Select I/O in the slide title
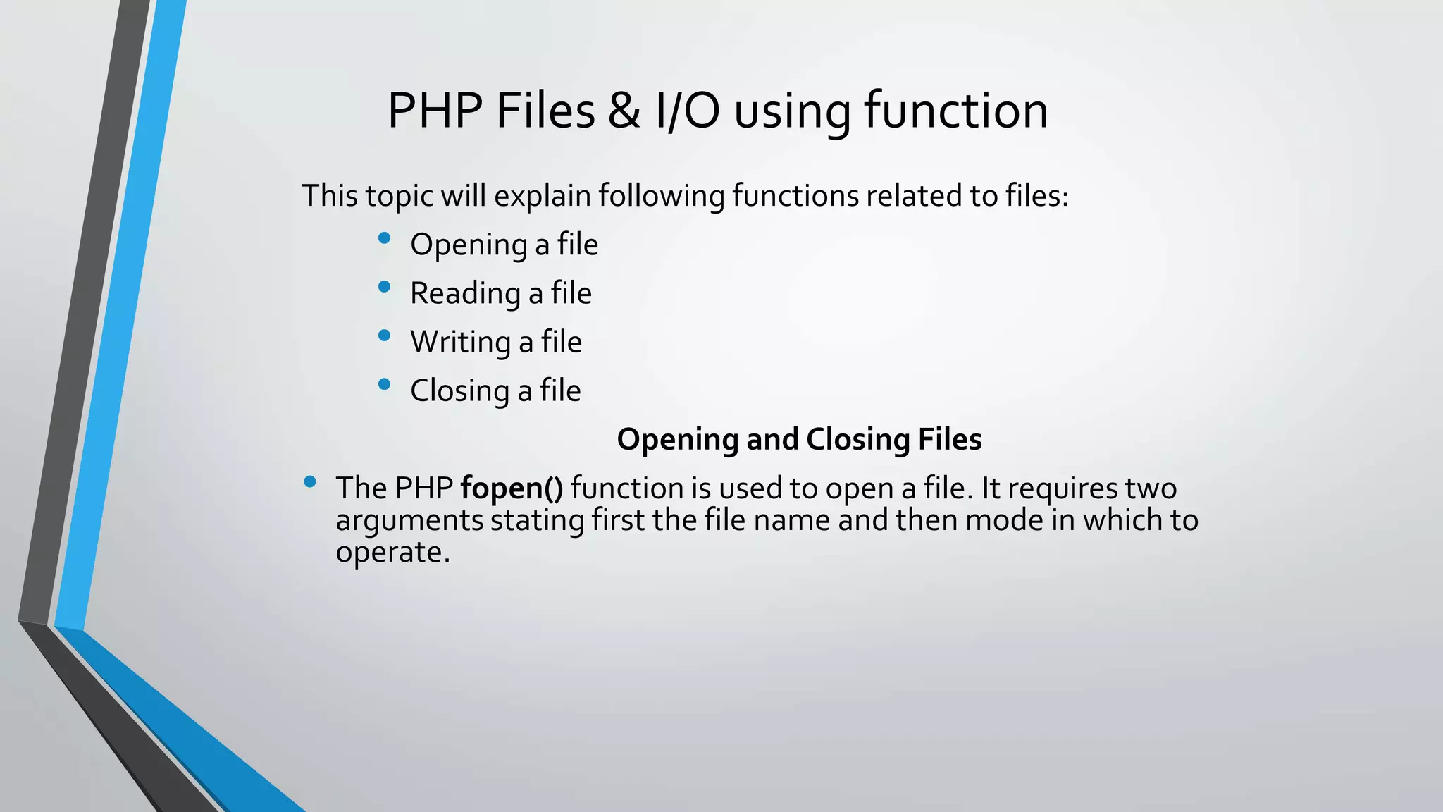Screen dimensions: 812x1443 click(687, 111)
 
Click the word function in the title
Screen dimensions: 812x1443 click(956, 111)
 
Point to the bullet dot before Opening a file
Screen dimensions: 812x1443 click(384, 238)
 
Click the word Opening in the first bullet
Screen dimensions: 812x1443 click(469, 245)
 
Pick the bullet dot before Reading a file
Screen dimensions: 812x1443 click(384, 287)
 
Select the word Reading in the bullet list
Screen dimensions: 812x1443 click(465, 294)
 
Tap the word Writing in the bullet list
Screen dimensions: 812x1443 click(461, 343)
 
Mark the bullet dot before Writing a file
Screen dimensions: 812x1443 click(384, 336)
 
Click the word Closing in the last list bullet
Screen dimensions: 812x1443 click(460, 391)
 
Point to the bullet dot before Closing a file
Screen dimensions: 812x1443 click(384, 384)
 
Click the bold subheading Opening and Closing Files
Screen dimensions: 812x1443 click(799, 439)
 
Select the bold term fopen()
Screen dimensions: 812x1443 click(512, 488)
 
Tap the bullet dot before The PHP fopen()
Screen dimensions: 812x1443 click(310, 482)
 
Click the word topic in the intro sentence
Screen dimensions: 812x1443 click(398, 196)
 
